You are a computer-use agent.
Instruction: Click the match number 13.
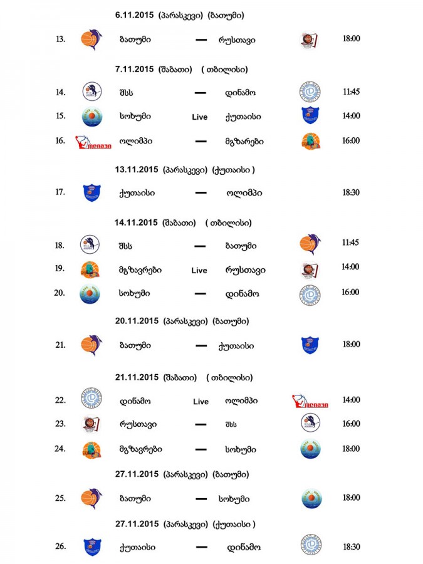click(x=60, y=39)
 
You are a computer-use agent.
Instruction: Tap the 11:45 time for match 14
click(x=351, y=91)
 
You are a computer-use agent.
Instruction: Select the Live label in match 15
click(x=199, y=117)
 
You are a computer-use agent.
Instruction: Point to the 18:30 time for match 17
click(x=351, y=192)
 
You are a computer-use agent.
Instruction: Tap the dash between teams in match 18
click(x=201, y=246)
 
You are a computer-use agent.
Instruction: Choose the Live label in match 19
click(x=199, y=270)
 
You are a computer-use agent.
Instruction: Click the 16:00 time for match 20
click(x=351, y=292)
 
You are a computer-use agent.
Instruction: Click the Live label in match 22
click(x=201, y=401)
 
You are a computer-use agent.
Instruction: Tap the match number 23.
click(x=60, y=424)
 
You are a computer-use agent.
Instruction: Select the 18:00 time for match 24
click(x=351, y=449)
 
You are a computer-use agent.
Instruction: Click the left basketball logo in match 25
click(x=90, y=498)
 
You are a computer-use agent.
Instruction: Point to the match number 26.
click(x=60, y=546)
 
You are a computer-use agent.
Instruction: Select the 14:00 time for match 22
click(x=351, y=400)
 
